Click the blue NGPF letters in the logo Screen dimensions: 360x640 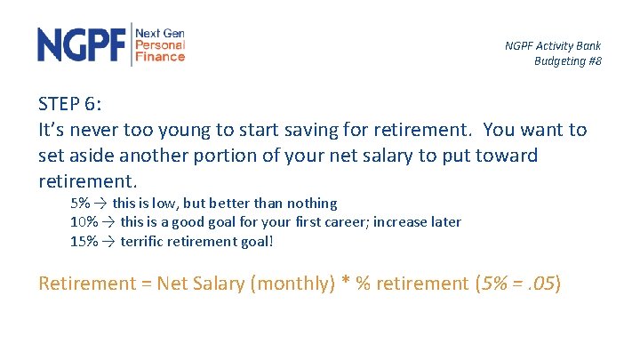click(x=83, y=44)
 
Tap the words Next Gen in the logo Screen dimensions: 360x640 click(x=160, y=32)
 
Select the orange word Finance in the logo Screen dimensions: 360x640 click(x=160, y=57)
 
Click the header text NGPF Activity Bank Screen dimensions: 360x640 click(x=553, y=45)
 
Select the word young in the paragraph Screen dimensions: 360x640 click(x=205, y=130)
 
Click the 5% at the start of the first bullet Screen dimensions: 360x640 click(x=80, y=204)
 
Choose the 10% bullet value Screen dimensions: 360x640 click(x=84, y=221)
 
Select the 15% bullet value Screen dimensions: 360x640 click(x=84, y=240)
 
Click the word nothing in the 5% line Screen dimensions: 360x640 click(x=312, y=204)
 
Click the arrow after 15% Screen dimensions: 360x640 click(x=107, y=240)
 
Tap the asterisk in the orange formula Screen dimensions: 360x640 click(x=346, y=283)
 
